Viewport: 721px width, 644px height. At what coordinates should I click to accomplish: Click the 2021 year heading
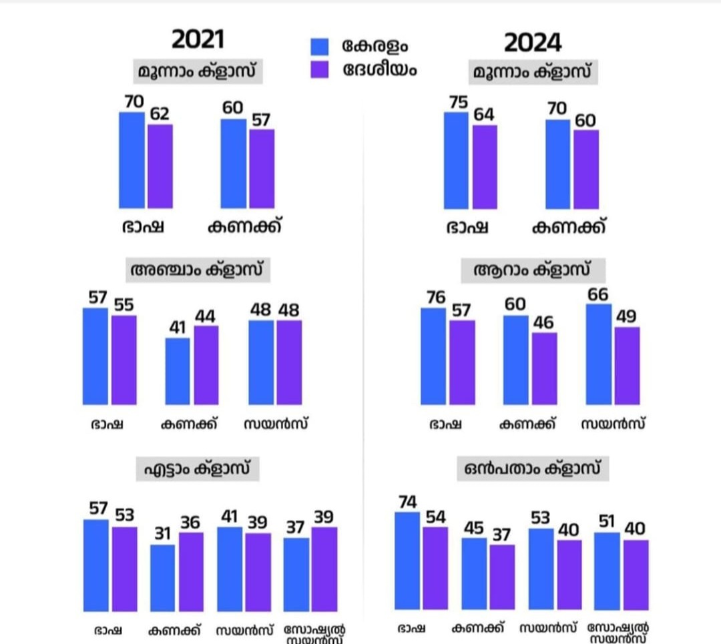coord(198,39)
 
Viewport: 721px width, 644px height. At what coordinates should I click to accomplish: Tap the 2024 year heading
coord(532,43)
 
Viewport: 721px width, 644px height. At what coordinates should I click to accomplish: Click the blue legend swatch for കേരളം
coord(320,46)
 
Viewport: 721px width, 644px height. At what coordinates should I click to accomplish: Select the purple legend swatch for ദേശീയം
coord(320,69)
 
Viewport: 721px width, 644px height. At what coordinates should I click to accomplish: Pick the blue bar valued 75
coord(457,160)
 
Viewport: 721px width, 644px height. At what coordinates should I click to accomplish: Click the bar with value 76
coord(433,356)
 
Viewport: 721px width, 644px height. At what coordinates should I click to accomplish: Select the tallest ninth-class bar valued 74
coord(407,561)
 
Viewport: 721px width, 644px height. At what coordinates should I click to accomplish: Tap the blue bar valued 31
coord(162,578)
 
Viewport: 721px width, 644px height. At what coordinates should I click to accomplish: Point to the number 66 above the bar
coord(599,294)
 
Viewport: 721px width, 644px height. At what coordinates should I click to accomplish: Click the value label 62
coord(160,114)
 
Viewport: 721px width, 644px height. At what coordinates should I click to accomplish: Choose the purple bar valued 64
coord(485,167)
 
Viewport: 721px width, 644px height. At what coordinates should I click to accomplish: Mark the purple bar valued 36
coord(191,572)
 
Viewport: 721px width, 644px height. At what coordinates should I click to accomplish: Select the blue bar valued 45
coord(474,573)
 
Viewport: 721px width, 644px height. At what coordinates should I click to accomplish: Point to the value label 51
coord(606,521)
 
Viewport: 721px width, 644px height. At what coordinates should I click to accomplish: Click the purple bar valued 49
coord(627,366)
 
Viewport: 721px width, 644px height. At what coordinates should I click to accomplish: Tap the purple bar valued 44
coord(206,365)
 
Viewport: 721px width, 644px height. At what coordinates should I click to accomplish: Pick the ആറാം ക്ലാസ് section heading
coord(532,271)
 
